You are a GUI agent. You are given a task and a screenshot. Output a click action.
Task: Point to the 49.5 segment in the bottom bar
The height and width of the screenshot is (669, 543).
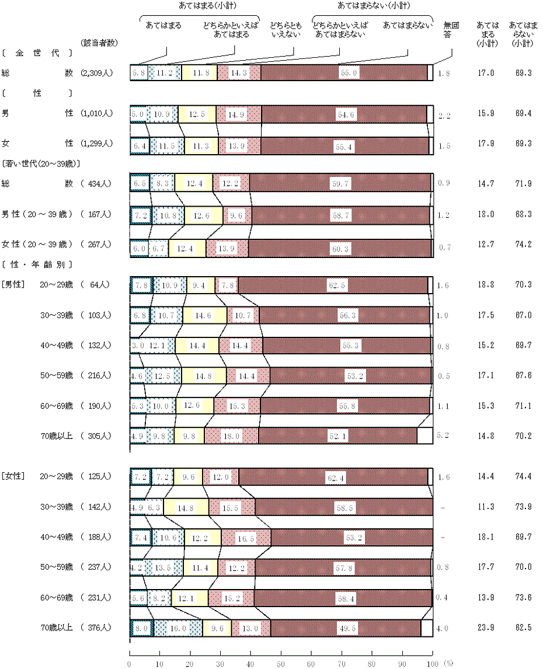pyautogui.click(x=346, y=628)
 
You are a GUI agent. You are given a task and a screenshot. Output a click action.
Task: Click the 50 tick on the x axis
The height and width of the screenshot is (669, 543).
pyautogui.click(x=280, y=663)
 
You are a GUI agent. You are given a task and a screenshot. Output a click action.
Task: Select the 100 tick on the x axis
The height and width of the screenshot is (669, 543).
pyautogui.click(x=432, y=663)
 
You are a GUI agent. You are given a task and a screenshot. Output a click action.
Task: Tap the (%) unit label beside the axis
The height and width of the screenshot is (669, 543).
pyautogui.click(x=448, y=663)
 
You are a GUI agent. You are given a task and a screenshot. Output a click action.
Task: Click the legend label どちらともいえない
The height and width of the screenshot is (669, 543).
pyautogui.click(x=284, y=30)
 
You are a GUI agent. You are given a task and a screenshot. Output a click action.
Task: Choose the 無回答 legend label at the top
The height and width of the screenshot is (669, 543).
pyautogui.click(x=451, y=30)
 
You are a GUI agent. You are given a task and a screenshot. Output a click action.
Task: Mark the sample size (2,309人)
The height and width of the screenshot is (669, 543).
pyautogui.click(x=97, y=73)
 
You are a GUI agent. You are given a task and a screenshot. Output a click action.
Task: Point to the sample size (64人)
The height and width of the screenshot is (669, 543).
pyautogui.click(x=97, y=285)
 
